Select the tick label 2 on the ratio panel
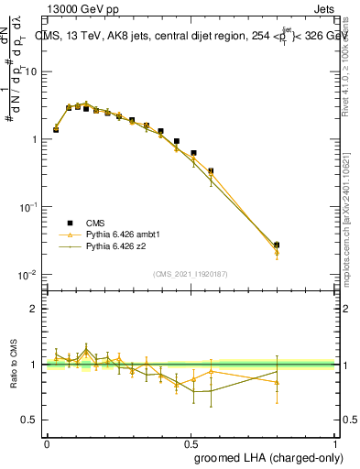[x=33, y=309]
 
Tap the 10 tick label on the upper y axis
[x=30, y=71]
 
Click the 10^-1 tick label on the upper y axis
[x=27, y=207]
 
